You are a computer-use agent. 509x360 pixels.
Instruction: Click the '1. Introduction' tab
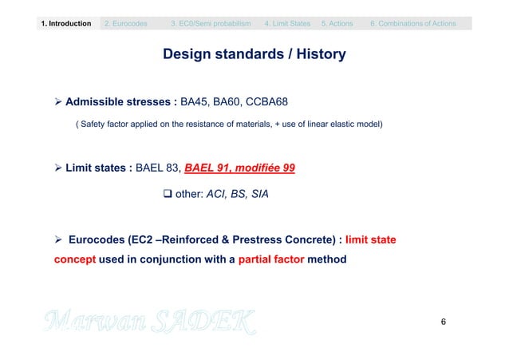point(66,24)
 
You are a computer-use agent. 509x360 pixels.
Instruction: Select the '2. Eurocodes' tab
point(126,24)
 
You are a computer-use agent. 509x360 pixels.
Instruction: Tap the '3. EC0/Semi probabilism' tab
point(211,24)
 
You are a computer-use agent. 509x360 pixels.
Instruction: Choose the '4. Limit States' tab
point(288,24)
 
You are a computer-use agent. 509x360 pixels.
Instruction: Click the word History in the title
point(318,55)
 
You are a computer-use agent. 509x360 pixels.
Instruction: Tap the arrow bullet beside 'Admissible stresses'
point(58,103)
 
